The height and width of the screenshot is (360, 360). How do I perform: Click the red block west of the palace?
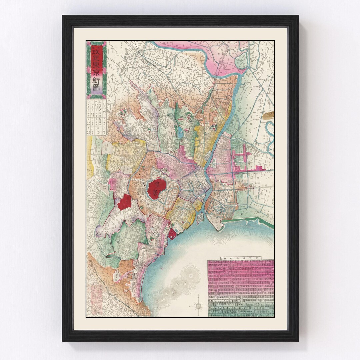pyautogui.click(x=124, y=202)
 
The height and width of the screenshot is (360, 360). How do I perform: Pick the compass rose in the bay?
pyautogui.click(x=198, y=305)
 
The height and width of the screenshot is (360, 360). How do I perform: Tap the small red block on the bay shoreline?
pyautogui.click(x=172, y=234)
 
